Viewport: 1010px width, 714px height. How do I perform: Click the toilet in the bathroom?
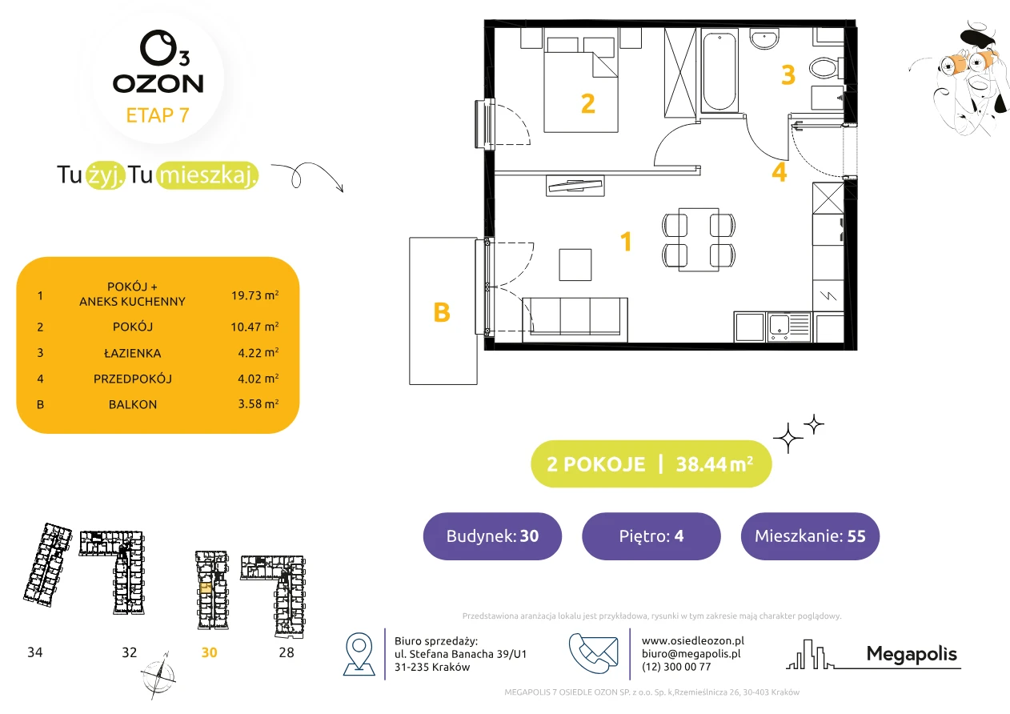(x=826, y=69)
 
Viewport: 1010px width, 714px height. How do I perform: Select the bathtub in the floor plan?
(x=719, y=70)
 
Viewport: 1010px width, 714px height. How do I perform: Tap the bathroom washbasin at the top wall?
(x=764, y=38)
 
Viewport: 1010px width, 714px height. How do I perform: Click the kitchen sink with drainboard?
(x=789, y=327)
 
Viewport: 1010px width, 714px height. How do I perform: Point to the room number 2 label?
(x=588, y=104)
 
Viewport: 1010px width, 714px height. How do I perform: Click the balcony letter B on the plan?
(x=442, y=312)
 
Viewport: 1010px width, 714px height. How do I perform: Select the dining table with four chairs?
(x=699, y=239)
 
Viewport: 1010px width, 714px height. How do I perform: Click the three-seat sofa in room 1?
(x=575, y=319)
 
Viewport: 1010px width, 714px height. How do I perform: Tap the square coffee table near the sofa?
(x=575, y=265)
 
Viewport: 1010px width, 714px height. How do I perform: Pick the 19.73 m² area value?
(x=255, y=295)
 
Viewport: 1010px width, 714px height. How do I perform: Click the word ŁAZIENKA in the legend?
(x=133, y=353)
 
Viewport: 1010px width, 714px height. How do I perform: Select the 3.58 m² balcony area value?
(x=259, y=403)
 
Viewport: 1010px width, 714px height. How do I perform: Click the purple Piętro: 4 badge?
(x=651, y=535)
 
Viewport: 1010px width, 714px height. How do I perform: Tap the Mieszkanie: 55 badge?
(x=810, y=535)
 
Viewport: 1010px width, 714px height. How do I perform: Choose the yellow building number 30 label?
(x=209, y=652)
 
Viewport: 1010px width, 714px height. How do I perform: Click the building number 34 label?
(x=35, y=652)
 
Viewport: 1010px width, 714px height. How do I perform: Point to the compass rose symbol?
(x=158, y=676)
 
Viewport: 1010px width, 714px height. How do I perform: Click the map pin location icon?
(x=359, y=653)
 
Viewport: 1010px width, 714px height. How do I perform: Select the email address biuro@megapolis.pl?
(x=691, y=653)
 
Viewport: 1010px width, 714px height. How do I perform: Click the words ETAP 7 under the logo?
(x=158, y=115)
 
